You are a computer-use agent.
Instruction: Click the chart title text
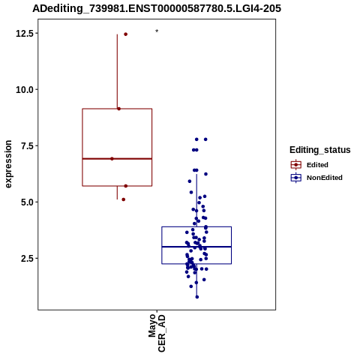pyautogui.click(x=157, y=8)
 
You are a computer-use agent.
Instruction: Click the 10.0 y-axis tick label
pyautogui.click(x=25, y=89)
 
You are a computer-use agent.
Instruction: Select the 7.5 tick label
pyautogui.click(x=27, y=145)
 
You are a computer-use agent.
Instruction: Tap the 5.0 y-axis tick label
pyautogui.click(x=27, y=202)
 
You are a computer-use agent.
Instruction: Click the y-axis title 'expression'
pyautogui.click(x=8, y=164)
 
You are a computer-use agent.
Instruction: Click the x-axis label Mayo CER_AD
pyautogui.click(x=157, y=334)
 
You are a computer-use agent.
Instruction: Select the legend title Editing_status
pyautogui.click(x=320, y=150)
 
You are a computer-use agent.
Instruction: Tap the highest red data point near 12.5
pyautogui.click(x=126, y=34)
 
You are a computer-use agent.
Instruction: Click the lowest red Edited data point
pyautogui.click(x=124, y=199)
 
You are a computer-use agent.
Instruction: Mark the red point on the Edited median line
pyautogui.click(x=112, y=159)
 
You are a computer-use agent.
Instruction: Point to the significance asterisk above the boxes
pyautogui.click(x=157, y=31)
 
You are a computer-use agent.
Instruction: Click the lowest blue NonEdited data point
pyautogui.click(x=197, y=297)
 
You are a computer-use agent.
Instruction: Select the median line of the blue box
pyautogui.click(x=196, y=247)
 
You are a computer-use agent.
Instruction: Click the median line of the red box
pyautogui.click(x=117, y=159)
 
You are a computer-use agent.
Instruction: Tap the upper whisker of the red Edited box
pyautogui.click(x=117, y=71)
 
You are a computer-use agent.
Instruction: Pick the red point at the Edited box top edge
pyautogui.click(x=119, y=109)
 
